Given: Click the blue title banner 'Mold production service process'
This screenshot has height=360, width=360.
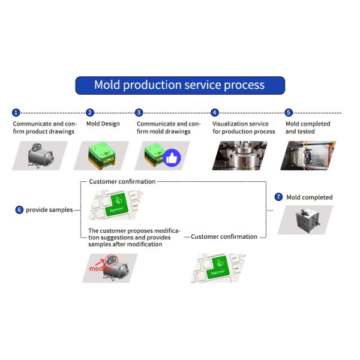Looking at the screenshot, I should point(179,85).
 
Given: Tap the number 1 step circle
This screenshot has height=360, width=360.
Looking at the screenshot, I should point(16,112).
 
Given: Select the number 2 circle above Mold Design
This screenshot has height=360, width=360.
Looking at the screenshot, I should point(90,112).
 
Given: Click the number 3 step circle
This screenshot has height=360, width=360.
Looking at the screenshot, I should point(139,112).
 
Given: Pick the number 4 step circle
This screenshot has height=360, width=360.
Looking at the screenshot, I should point(215,112).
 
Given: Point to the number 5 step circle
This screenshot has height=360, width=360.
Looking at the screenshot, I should point(289,112).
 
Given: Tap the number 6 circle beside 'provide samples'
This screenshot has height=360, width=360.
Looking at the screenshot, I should point(19,209).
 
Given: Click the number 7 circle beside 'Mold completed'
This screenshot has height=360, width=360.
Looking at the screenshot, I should point(278,197).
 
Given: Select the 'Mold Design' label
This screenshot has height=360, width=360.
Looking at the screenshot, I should point(103,124).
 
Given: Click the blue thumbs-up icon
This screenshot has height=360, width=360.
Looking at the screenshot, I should point(172,158).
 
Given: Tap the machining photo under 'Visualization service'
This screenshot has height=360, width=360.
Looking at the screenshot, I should point(239,155).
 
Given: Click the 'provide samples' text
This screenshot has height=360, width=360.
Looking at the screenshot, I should point(49,209).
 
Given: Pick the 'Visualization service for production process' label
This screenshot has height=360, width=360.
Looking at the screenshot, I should point(243,128).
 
